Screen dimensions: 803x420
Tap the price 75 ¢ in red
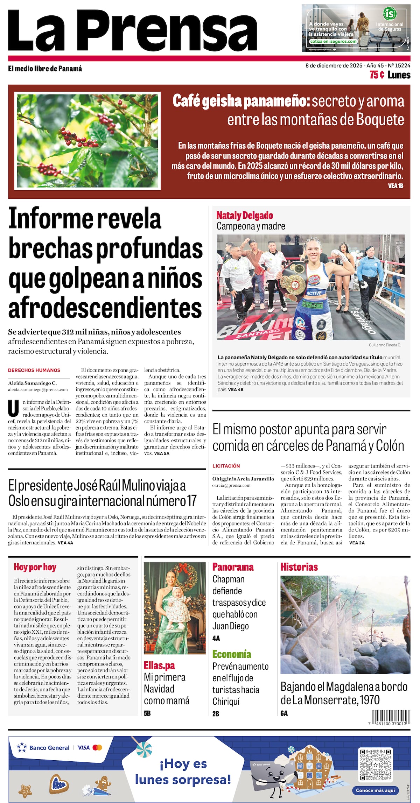point(377,75)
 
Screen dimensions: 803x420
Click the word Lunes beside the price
point(399,75)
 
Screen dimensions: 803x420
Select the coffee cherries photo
point(87,141)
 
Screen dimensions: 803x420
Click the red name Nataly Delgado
point(245,215)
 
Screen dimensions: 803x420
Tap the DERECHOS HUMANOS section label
point(34,370)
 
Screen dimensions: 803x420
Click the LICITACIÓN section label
point(226,466)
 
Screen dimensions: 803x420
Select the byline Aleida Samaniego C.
point(32,383)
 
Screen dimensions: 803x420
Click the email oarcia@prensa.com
point(231,485)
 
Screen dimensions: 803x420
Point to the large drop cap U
point(13,408)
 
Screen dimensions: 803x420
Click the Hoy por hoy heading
point(35,567)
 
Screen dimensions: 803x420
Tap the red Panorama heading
point(233,567)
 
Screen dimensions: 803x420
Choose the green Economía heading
point(232,654)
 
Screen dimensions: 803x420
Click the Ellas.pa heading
point(159,665)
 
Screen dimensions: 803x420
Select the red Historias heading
point(299,567)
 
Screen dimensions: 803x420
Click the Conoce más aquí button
point(375,790)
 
